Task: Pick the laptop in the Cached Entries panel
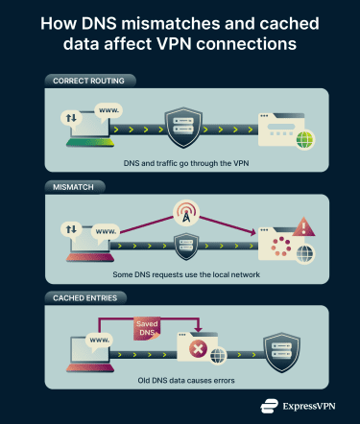(90, 357)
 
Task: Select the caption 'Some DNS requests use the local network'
(180, 275)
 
